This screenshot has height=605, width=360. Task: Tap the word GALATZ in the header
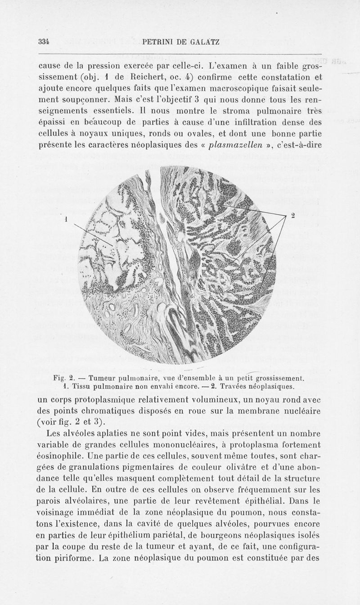(x=204, y=43)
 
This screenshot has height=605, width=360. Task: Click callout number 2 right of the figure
(x=292, y=216)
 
